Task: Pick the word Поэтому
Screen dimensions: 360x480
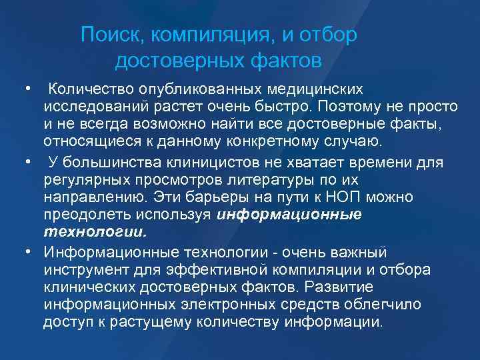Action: pyautogui.click(x=351, y=107)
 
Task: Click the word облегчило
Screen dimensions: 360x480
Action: pyautogui.click(x=389, y=305)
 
